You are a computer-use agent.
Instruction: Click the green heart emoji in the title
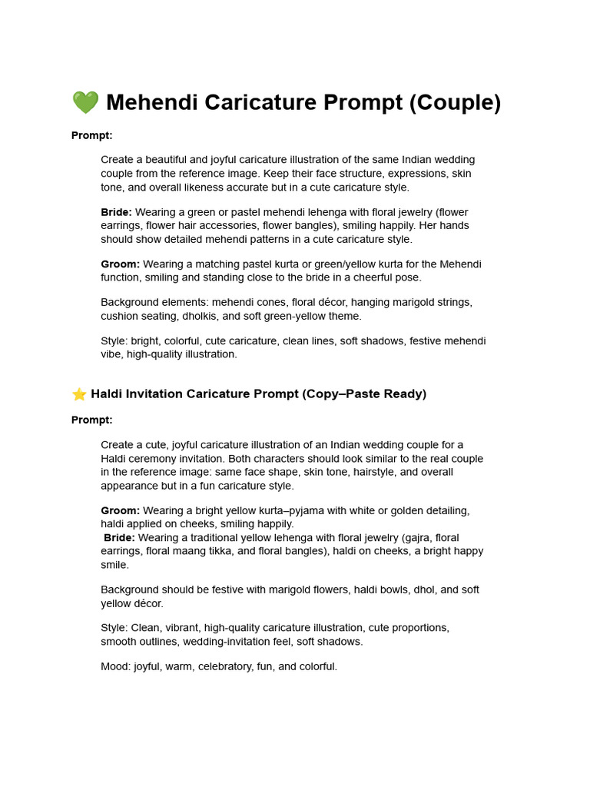85,102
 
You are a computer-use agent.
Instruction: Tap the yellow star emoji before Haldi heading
79,394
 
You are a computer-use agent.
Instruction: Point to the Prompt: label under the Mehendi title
92,135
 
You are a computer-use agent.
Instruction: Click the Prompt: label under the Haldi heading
92,420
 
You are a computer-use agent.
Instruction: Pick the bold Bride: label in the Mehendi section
117,212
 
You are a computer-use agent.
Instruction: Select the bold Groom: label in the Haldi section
121,510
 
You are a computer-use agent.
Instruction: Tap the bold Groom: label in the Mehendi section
121,264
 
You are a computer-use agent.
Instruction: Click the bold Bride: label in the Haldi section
120,538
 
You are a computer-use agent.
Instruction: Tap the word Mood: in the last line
115,667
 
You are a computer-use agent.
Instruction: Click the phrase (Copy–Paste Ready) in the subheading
364,394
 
